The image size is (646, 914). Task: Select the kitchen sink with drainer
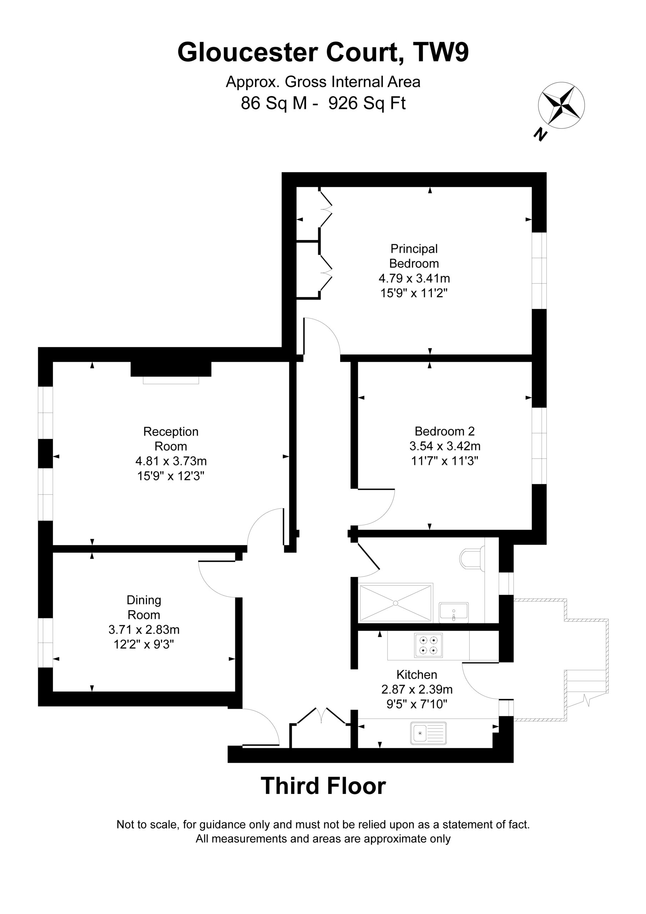pos(429,733)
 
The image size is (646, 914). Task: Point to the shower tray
pos(396,603)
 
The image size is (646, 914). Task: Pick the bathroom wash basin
pos(454,612)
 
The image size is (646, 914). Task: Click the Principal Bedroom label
pos(414,256)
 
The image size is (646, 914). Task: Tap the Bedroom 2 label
pos(445,431)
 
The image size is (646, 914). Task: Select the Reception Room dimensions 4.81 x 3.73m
pos(171,461)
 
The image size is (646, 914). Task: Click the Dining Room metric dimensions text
pos(144,629)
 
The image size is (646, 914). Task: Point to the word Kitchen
pos(417,674)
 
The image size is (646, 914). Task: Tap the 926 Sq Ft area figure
pos(367,103)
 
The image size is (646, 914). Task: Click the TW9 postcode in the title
pos(441,52)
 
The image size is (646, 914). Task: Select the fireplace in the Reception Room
pos(171,372)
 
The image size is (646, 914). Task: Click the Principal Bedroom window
pos(539,271)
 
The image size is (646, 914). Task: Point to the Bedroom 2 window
pos(539,446)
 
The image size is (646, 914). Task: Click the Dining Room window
pos(45,643)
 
